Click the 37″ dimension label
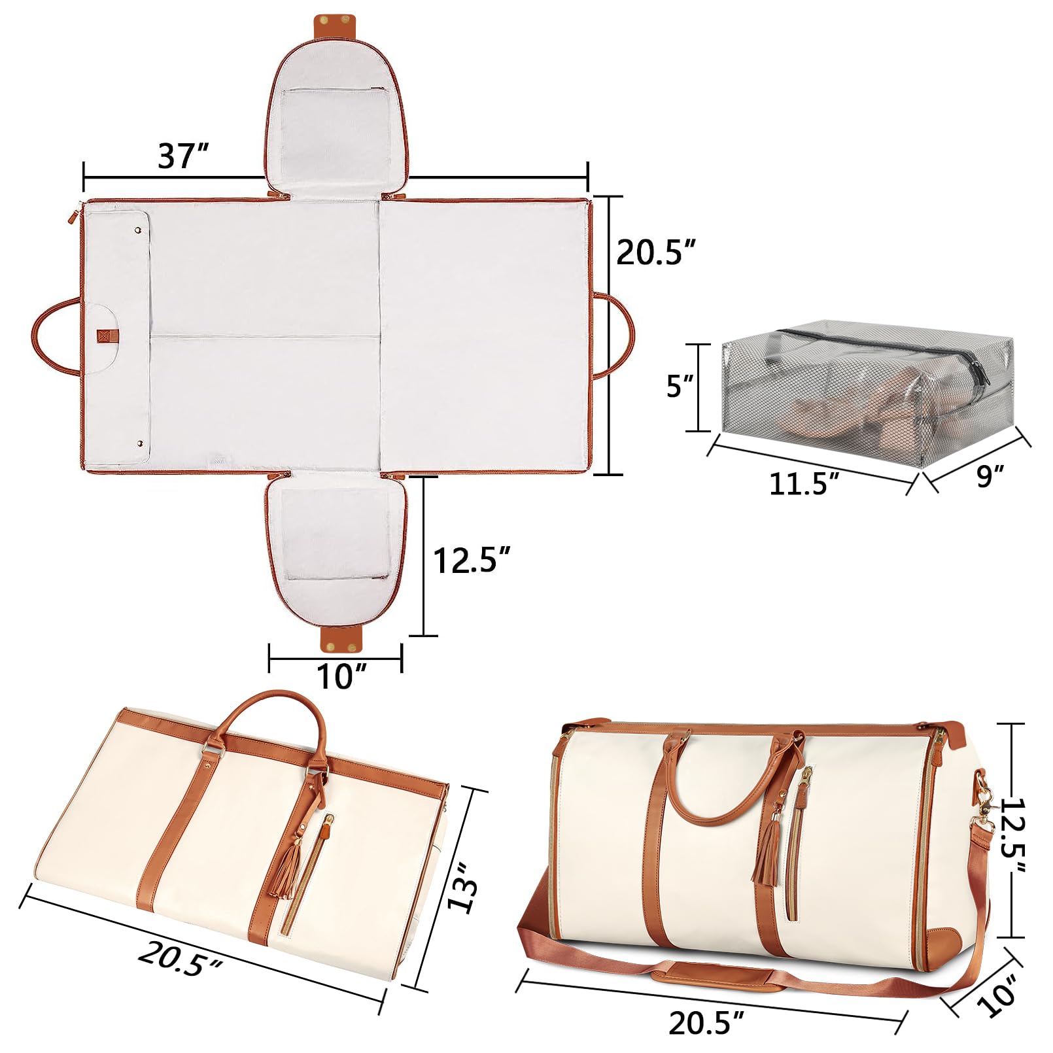tap(182, 156)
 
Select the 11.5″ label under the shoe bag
tap(804, 483)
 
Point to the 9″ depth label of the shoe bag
tap(989, 475)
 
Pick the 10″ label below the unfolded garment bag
tap(341, 676)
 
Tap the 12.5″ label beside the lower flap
tap(471, 560)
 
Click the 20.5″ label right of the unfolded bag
tap(655, 252)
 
